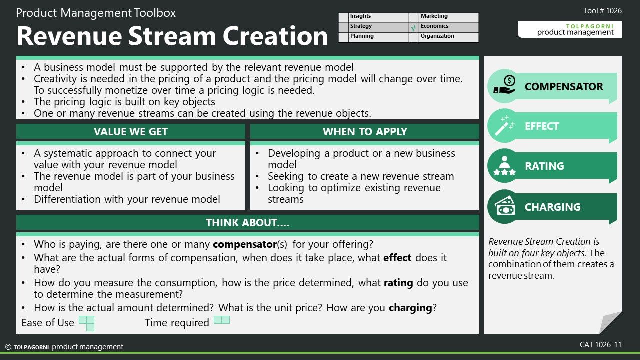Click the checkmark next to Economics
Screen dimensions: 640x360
tap(413, 28)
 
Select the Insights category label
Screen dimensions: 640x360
tap(360, 16)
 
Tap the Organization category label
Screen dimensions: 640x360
tap(437, 36)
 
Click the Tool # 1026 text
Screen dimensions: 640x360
tap(602, 11)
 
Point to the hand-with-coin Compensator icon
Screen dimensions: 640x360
tap(504, 85)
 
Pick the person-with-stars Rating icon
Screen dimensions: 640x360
tap(504, 165)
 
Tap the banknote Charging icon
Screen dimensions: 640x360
tap(505, 206)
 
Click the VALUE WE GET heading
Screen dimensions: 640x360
tap(131, 131)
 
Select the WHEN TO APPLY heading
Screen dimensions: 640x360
tap(365, 131)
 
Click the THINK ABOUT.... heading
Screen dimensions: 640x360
tap(247, 223)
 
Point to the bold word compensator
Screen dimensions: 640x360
tap(245, 244)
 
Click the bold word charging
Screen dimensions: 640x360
tap(410, 308)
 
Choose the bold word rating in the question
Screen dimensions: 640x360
tap(398, 283)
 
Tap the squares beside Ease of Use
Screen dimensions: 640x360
tap(87, 323)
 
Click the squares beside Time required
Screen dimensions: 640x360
tap(222, 320)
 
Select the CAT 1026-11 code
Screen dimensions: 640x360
tap(601, 345)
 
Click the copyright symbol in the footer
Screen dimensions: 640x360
tap(8, 347)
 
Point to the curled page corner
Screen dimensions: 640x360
tap(610, 323)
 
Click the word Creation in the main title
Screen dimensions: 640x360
tap(275, 36)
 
